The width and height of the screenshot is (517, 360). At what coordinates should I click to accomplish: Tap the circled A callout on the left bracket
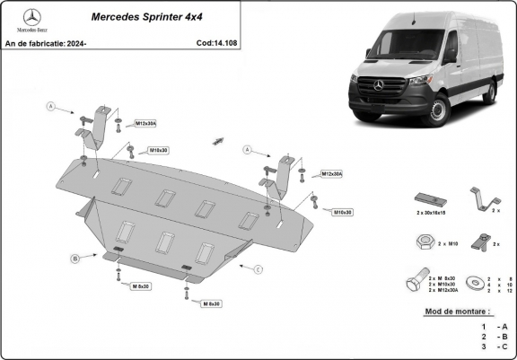click(50, 107)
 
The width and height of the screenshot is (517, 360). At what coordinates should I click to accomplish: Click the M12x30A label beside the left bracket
click(145, 123)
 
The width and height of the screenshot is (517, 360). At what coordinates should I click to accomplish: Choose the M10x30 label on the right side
click(342, 213)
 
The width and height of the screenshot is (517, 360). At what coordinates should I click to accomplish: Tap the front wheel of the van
click(437, 111)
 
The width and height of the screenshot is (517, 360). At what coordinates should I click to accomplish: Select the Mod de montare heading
click(458, 312)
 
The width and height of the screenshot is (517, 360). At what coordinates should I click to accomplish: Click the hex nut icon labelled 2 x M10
click(424, 241)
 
